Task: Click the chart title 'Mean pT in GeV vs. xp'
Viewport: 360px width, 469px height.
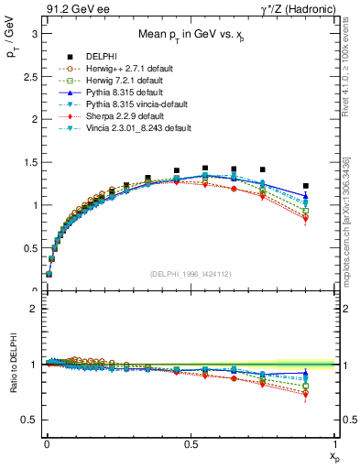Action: click(x=191, y=35)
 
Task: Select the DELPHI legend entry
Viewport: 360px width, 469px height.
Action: click(x=102, y=57)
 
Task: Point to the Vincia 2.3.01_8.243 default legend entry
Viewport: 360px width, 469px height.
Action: click(x=137, y=128)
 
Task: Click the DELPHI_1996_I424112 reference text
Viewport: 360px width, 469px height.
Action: click(x=191, y=273)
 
